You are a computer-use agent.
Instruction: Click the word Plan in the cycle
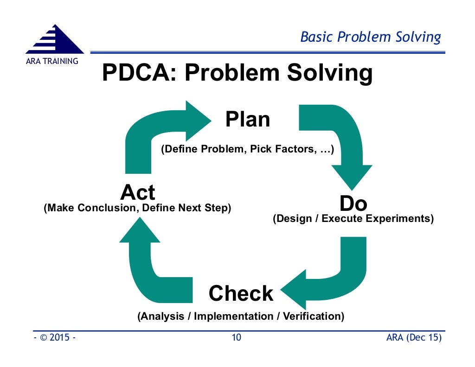[248, 120]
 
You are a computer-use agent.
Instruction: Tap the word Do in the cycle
[353, 204]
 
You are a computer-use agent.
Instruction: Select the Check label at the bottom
[241, 293]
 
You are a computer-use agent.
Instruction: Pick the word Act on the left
[138, 192]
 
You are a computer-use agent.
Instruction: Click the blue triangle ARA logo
[55, 41]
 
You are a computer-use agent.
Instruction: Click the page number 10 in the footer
[237, 337]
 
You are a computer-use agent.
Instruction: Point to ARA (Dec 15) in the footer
[414, 337]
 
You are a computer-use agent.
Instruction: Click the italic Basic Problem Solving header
[371, 37]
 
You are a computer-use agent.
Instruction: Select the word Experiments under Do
[403, 218]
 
